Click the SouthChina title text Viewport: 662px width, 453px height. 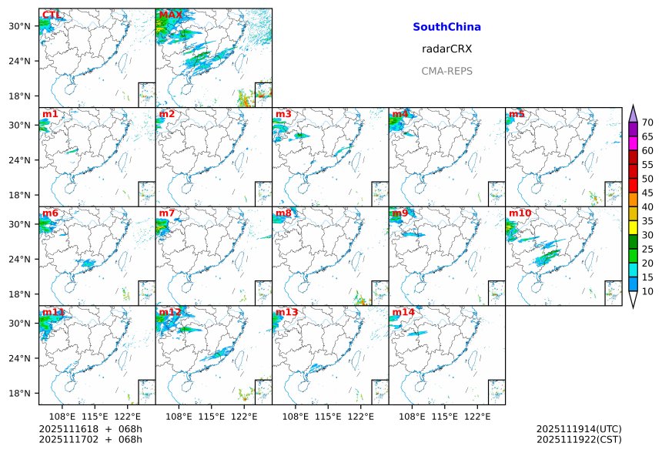[x=446, y=27]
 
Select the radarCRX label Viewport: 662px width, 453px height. [x=446, y=49]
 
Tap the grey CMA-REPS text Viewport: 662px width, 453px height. [x=446, y=71]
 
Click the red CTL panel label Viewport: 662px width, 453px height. [x=51, y=15]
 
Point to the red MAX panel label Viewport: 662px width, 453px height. [x=170, y=15]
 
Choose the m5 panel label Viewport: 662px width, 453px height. [x=516, y=115]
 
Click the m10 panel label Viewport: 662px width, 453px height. [x=520, y=213]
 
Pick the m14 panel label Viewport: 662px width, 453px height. [x=403, y=312]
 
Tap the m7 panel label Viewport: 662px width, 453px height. [x=167, y=213]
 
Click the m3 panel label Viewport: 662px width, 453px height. [x=283, y=115]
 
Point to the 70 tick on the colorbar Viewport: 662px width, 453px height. [x=647, y=122]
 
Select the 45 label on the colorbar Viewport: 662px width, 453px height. [x=647, y=193]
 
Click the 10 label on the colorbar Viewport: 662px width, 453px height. [x=647, y=291]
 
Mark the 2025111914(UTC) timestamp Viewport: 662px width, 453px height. [x=578, y=429]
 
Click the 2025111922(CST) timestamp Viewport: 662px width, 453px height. [x=578, y=440]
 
